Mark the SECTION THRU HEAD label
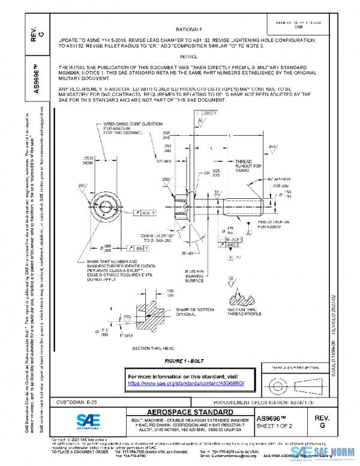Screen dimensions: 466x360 click(x=153, y=348)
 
